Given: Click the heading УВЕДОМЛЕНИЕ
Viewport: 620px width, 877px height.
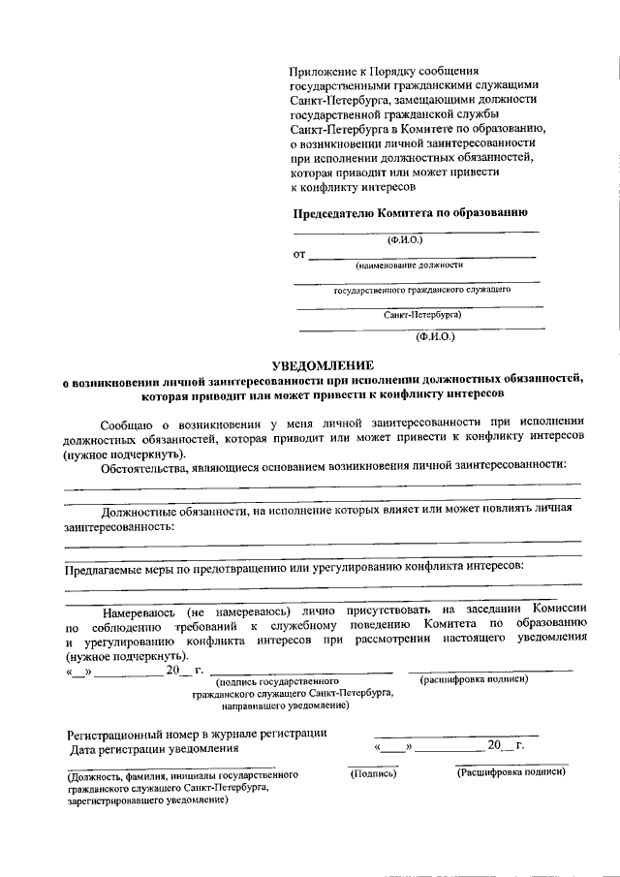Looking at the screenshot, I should click(322, 365).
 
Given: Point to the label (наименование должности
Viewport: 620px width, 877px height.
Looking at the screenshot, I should click(409, 265).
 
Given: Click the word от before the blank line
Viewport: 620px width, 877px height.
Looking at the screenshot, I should click(298, 255).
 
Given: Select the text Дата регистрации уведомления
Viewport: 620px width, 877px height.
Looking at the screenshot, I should click(153, 748).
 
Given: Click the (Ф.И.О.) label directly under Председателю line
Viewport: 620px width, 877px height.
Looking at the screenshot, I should click(404, 238).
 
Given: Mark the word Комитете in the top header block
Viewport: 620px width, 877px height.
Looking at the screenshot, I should click(429, 129).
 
